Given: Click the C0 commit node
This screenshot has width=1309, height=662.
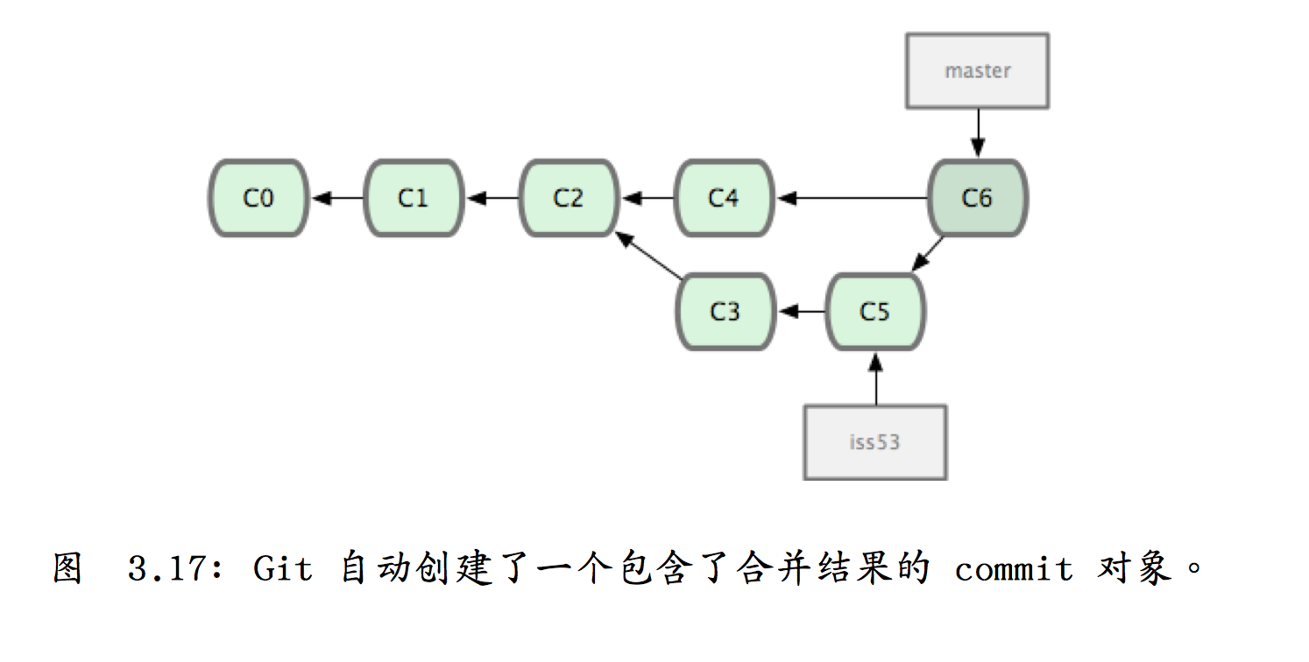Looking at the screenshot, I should coord(258,199).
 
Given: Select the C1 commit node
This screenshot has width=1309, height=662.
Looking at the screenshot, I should coord(414,199).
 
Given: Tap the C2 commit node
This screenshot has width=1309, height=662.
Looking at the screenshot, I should coord(569,199).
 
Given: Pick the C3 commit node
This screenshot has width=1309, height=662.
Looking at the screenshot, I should coord(725,312).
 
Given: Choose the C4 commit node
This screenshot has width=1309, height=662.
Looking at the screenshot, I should coord(724,199).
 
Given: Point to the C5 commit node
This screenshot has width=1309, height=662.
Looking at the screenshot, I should coord(874,312).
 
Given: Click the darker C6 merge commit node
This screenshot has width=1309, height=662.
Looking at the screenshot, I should coord(977,199).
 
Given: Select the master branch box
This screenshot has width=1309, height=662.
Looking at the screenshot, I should coord(977,71).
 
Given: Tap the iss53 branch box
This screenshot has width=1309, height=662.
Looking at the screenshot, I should coord(874,441).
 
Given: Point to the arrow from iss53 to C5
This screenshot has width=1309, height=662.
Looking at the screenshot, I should coord(874,377).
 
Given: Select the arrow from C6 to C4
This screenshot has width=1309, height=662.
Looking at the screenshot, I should coord(851,199).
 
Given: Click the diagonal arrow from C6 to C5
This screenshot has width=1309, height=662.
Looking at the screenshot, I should coord(928,255).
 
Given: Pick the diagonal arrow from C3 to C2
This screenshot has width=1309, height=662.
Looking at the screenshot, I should coord(647,255).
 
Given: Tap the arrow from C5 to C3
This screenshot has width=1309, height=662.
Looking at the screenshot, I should coord(800,312).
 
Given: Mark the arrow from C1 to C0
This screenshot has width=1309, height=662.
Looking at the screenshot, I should coord(336,199).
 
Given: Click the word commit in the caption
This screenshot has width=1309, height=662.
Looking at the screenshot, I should coord(1014,570).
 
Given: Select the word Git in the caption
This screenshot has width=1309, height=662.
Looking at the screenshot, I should coord(282,570).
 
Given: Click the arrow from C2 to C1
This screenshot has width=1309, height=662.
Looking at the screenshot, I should coord(492,199).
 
